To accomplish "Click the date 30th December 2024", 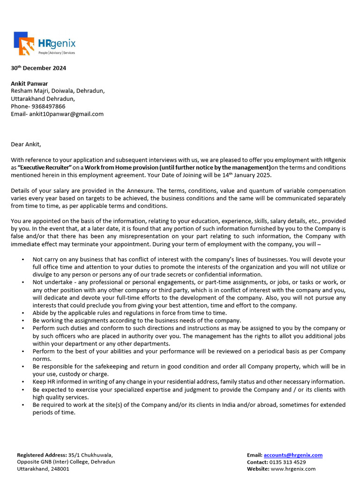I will coord(38,68).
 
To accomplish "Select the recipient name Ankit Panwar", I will coord(30,83).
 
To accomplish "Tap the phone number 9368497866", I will coord(48,106).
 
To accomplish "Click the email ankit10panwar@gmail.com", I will coord(67,114).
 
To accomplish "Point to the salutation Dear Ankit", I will coord(29,144).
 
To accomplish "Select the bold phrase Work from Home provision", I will coord(121,167).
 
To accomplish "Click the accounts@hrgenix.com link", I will coord(293,455).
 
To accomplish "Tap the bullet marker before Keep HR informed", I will coord(22,382).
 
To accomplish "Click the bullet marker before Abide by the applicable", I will coord(22,313).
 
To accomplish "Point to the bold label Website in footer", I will coord(258,469).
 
